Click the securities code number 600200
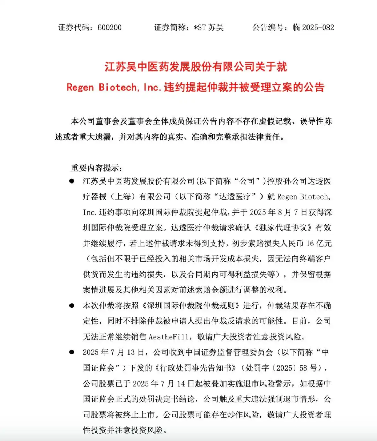pos(110,28)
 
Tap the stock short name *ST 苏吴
pos(209,28)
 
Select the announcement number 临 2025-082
pos(313,28)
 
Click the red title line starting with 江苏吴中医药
pos(195,67)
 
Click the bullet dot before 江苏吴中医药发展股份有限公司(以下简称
pos(72,181)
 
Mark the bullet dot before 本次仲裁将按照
pos(72,306)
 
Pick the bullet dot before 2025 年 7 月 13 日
pos(72,352)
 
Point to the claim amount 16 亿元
pos(319,243)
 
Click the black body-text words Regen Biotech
pos(303,197)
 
